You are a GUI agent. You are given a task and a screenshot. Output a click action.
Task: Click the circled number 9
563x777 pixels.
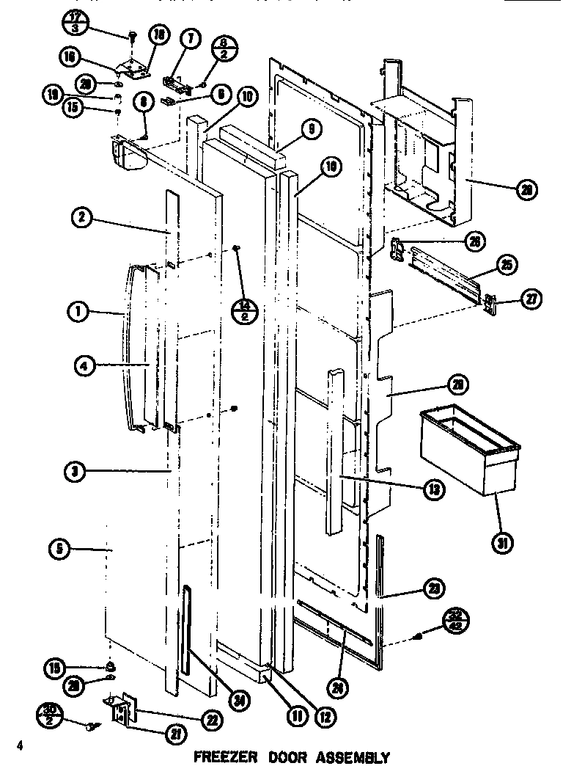pyautogui.click(x=311, y=131)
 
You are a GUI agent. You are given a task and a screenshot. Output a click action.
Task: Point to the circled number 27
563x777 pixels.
pyautogui.click(x=529, y=299)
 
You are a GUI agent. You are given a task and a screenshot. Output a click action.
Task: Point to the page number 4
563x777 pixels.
pyautogui.click(x=21, y=746)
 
